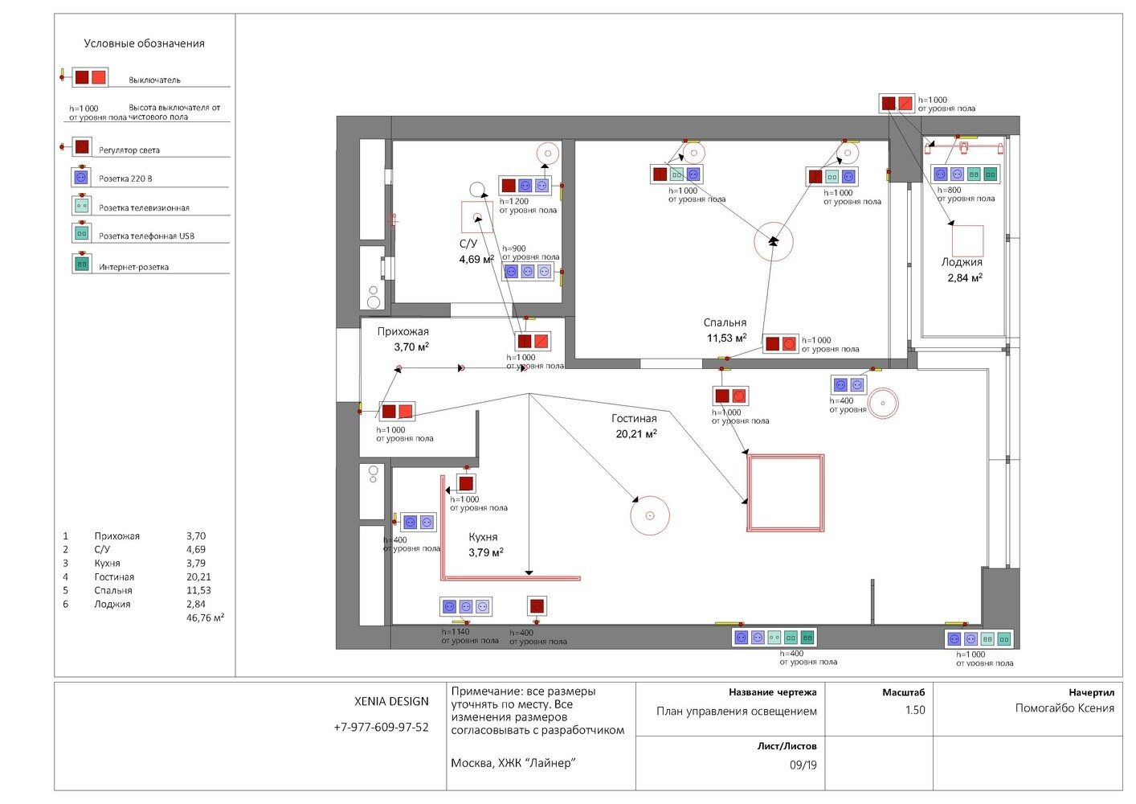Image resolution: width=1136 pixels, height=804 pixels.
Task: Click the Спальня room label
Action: [725, 322]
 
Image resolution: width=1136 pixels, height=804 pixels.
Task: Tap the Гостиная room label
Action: [634, 419]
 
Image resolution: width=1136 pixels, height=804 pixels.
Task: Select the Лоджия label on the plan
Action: [962, 262]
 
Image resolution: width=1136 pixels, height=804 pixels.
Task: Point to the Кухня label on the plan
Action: [483, 537]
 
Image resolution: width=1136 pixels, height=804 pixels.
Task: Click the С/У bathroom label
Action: [468, 244]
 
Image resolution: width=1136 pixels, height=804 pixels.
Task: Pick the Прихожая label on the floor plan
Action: [403, 331]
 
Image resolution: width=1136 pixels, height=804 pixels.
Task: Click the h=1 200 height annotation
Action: [513, 202]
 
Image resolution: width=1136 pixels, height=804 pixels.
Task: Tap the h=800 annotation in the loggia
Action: [949, 190]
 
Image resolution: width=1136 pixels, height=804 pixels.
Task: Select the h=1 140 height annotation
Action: [456, 632]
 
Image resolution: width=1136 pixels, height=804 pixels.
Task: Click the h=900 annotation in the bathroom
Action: [513, 248]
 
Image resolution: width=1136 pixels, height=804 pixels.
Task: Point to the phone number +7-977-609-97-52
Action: [381, 728]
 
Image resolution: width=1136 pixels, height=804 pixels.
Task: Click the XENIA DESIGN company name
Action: [391, 701]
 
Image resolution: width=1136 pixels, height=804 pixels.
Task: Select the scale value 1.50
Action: [915, 710]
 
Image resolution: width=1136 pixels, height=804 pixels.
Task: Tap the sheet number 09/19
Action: [803, 765]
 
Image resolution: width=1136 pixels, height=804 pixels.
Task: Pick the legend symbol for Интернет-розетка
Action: [82, 264]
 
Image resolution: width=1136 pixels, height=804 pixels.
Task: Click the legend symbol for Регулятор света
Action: [81, 146]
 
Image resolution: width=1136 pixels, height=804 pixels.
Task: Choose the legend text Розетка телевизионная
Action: [144, 208]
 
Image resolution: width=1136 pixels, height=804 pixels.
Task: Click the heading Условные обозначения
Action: [144, 43]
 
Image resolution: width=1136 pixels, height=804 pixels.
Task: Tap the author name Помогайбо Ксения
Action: [1064, 708]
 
